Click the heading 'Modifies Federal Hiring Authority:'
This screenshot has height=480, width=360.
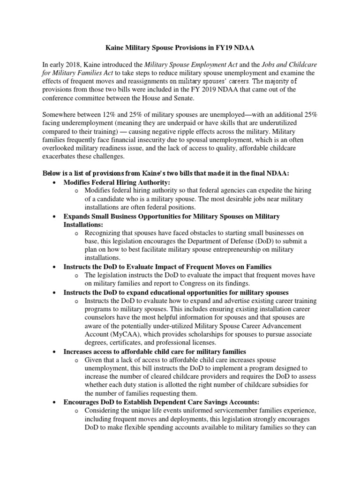pyautogui.click(x=117, y=182)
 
